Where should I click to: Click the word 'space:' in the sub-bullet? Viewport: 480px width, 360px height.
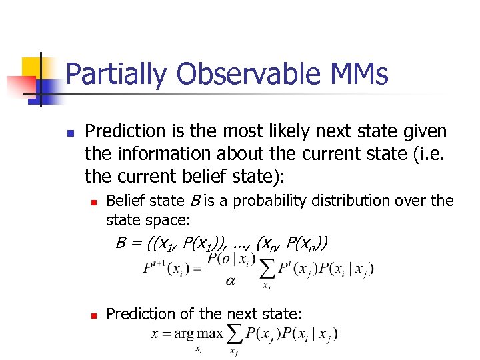click(x=169, y=219)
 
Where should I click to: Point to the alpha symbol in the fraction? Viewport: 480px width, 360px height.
click(x=230, y=281)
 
